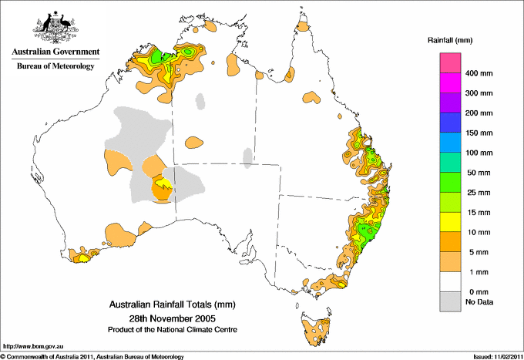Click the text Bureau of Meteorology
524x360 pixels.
click(55, 66)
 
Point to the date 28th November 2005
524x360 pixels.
click(172, 318)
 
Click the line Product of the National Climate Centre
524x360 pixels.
click(172, 329)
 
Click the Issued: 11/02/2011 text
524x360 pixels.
click(495, 356)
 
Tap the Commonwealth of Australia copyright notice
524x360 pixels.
click(93, 356)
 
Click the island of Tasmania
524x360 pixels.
click(317, 328)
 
